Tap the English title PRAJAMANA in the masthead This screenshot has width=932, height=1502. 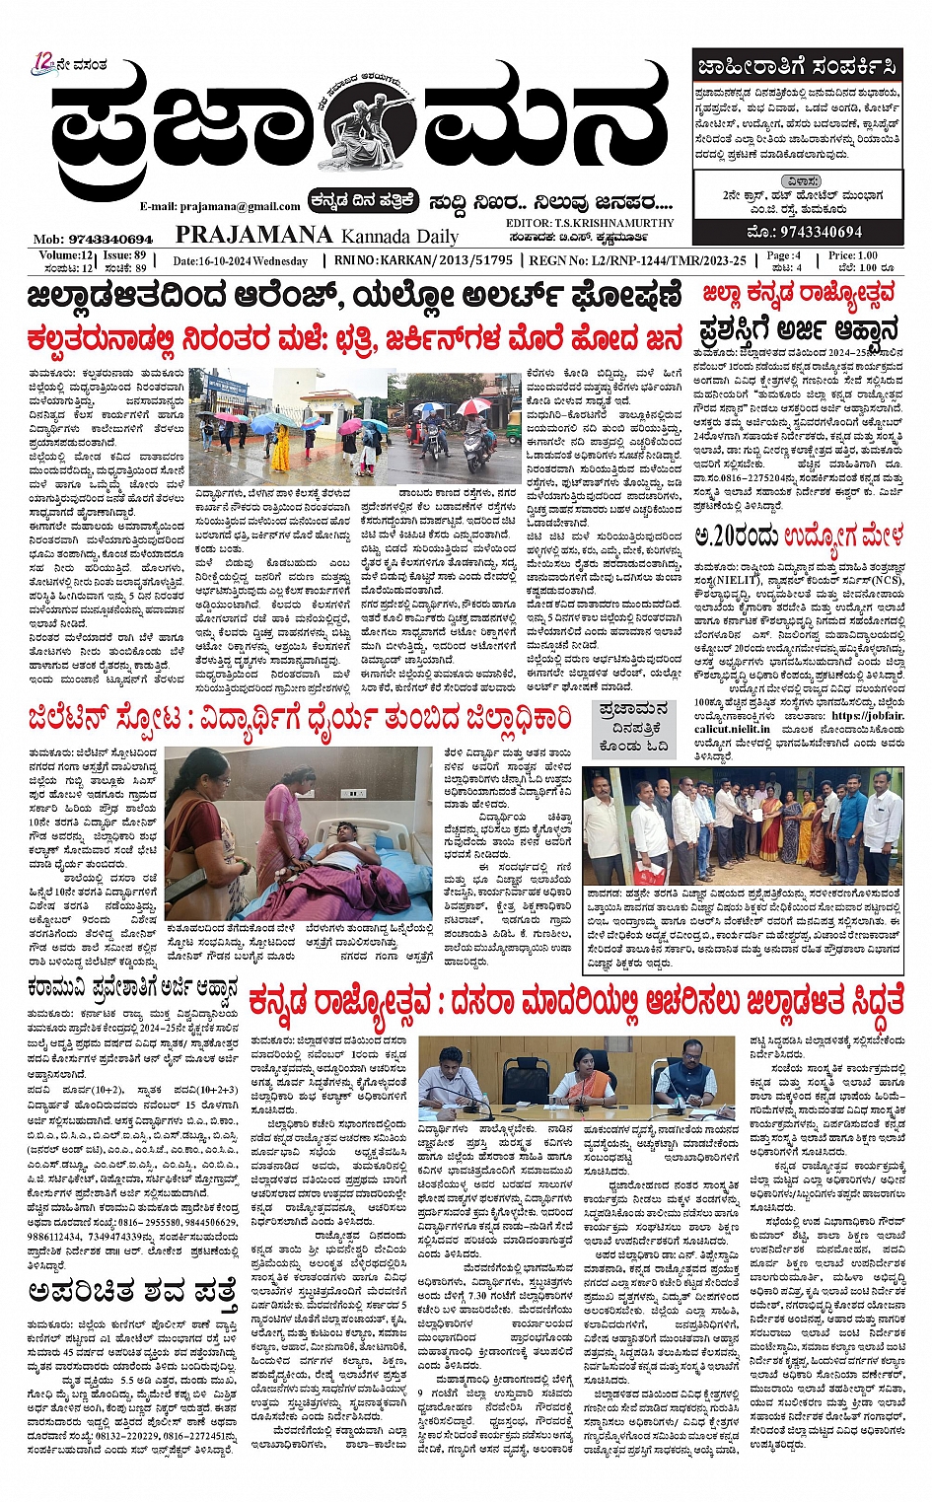[253, 235]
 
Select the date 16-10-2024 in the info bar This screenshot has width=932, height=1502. [242, 261]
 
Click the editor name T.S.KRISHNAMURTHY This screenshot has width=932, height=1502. [606, 224]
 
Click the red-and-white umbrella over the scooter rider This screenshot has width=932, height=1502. [474, 406]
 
